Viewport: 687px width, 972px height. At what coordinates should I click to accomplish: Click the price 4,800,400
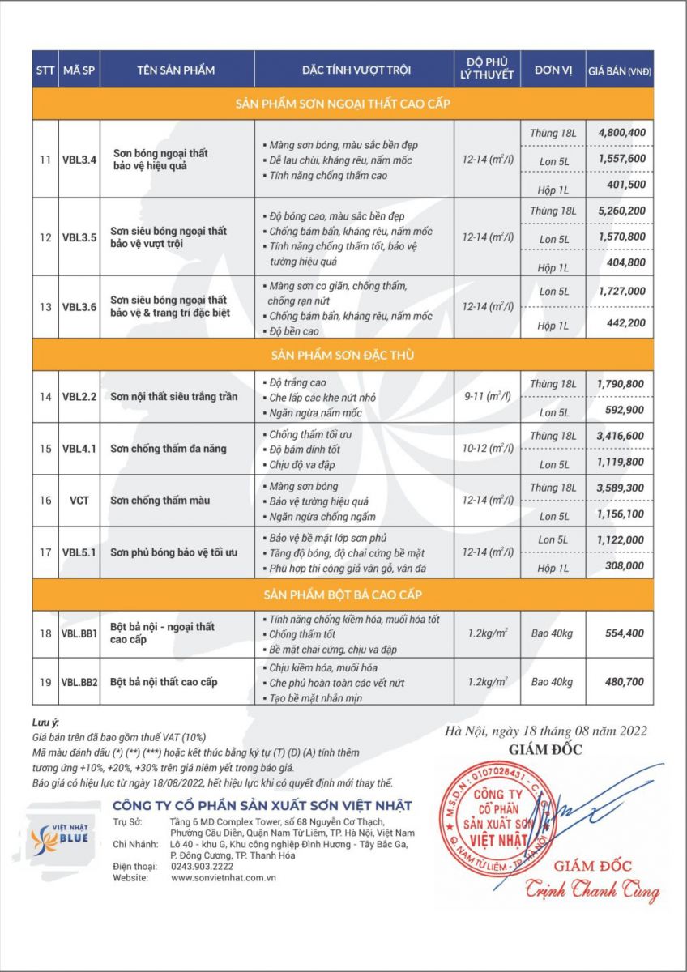click(621, 132)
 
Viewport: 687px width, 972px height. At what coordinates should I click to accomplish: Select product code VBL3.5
click(79, 237)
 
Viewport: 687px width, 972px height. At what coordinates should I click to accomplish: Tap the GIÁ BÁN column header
click(620, 70)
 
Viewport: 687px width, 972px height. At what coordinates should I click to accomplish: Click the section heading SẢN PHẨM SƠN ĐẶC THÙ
click(343, 354)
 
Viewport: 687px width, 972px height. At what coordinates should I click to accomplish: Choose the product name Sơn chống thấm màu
click(160, 500)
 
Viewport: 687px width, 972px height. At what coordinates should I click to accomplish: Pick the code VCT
click(79, 500)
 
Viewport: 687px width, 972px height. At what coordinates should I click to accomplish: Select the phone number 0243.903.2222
click(198, 866)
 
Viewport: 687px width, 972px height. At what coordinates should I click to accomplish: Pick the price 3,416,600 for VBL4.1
click(621, 435)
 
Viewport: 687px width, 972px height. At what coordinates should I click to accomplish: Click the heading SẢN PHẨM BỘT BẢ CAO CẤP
click(343, 595)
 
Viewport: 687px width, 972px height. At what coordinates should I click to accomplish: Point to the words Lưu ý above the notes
click(46, 723)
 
